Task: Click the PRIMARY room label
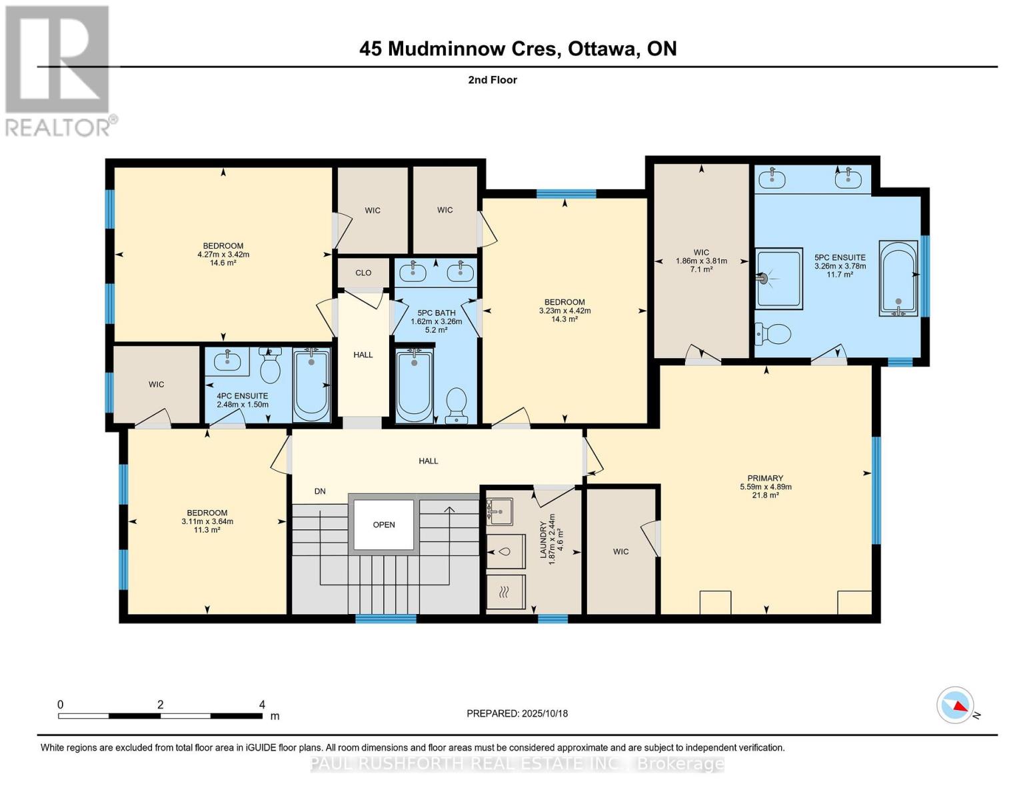[764, 478]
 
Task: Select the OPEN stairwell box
[384, 525]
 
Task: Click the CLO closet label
[363, 273]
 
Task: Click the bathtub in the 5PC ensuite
[898, 278]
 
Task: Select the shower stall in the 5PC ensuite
[778, 279]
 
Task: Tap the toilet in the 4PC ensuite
[270, 366]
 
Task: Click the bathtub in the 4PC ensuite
[311, 385]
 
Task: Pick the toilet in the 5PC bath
[457, 405]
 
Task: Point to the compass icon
[956, 705]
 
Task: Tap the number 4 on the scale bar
[262, 705]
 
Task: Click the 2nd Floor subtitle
[493, 80]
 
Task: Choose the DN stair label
[320, 491]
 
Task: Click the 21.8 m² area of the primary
[765, 495]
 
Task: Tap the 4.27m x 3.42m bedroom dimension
[223, 254]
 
